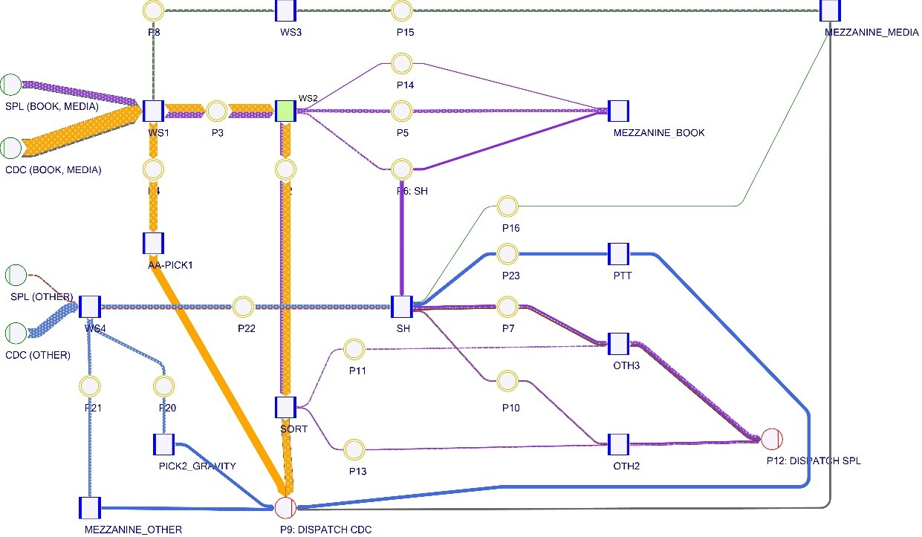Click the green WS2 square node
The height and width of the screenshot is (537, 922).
286,111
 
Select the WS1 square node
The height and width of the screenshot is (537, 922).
152,111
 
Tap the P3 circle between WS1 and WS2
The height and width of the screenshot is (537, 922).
216,111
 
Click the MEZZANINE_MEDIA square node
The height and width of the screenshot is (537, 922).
830,10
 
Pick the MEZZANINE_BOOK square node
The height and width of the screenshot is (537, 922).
618,111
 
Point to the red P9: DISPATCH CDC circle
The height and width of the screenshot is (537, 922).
285,508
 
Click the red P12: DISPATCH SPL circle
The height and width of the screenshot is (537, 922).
771,438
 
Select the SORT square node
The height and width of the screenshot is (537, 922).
286,407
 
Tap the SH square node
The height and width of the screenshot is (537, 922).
401,306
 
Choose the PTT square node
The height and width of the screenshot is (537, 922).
618,253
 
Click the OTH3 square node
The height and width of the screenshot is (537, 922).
618,344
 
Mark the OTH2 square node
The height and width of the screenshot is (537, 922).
618,445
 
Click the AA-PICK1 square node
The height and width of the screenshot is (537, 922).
152,243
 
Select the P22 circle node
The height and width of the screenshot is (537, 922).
243,306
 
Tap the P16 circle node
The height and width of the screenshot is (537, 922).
507,206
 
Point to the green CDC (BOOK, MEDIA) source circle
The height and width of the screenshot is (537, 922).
11,148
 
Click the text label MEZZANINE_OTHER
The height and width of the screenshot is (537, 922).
134,530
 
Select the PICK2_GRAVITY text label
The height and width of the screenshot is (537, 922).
198,466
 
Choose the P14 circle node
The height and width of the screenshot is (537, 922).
402,63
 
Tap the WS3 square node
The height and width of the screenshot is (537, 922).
286,10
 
